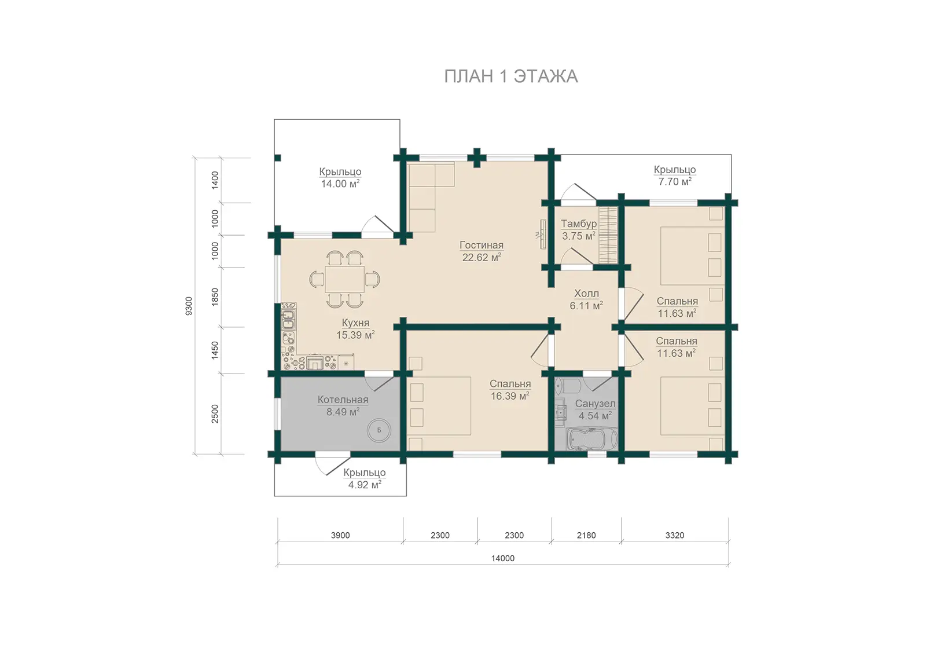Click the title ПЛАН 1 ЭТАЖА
(x=511, y=76)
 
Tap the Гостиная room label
(x=482, y=246)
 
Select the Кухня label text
(x=355, y=323)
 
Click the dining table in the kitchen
(x=345, y=279)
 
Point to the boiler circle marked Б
(x=379, y=430)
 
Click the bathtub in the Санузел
(x=592, y=440)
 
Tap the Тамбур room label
(x=579, y=224)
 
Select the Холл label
(x=587, y=294)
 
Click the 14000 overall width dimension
(x=503, y=558)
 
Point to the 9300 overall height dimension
(x=189, y=306)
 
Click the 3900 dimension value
(x=340, y=536)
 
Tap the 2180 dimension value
(x=586, y=536)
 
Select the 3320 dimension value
(x=675, y=536)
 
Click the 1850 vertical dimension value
(x=215, y=297)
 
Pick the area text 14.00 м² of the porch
(x=340, y=184)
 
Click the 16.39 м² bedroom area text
(x=510, y=396)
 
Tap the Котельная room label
(x=343, y=400)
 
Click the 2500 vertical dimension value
(x=215, y=414)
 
